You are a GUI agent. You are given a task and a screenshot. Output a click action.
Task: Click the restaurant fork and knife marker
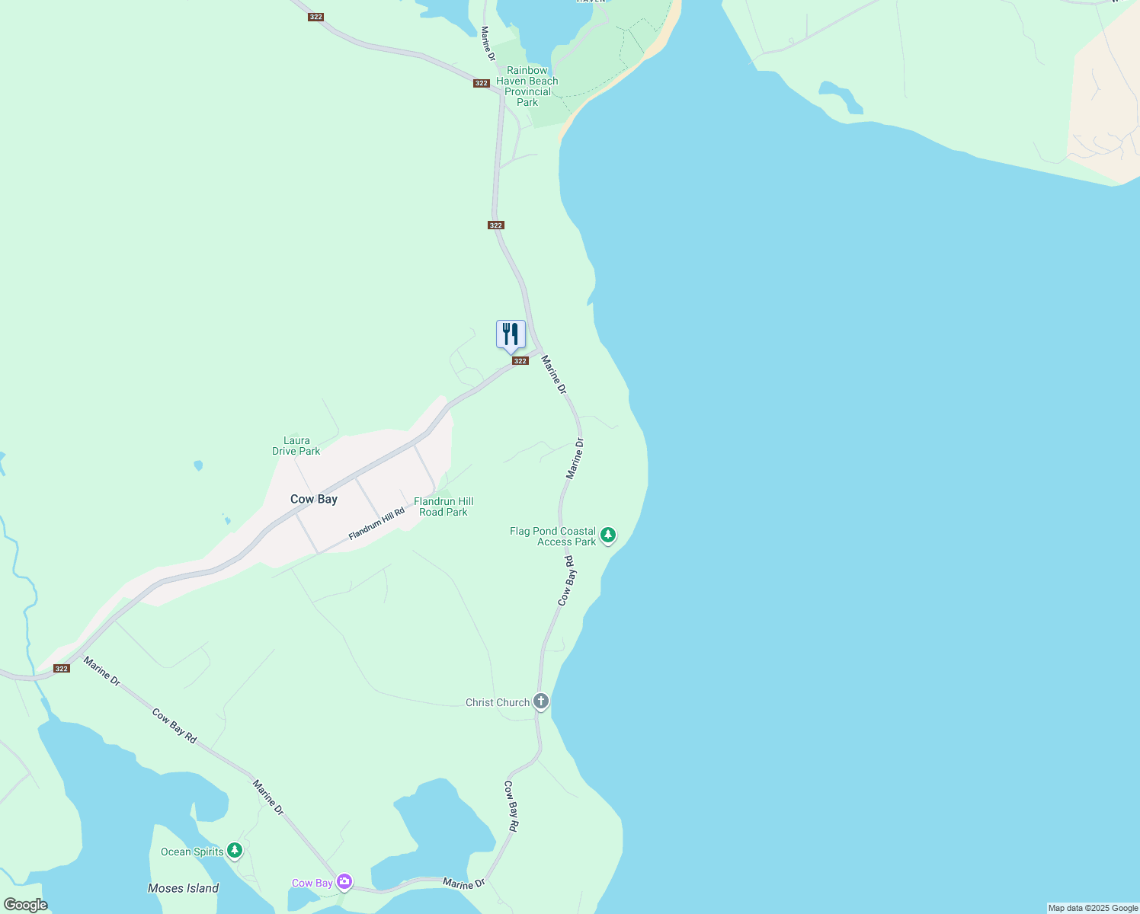[x=511, y=334]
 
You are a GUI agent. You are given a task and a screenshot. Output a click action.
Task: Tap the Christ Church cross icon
[x=540, y=701]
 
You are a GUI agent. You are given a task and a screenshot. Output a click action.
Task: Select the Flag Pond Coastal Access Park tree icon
[x=607, y=535]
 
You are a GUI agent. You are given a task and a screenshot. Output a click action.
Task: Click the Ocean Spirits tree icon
[x=235, y=851]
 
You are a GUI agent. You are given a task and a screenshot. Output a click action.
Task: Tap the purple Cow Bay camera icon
[x=344, y=882]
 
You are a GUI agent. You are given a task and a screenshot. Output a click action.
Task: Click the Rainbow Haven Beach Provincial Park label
[x=527, y=86]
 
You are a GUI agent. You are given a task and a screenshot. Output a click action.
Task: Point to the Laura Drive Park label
[x=296, y=446]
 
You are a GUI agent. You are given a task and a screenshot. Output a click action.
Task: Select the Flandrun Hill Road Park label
[x=444, y=507]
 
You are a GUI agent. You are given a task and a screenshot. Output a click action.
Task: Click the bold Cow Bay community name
[x=314, y=499]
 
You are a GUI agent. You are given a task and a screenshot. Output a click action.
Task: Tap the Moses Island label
[x=183, y=888]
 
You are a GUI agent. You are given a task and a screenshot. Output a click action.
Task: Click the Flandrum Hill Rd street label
[x=376, y=525]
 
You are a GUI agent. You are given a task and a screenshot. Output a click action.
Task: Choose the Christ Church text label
[x=498, y=702]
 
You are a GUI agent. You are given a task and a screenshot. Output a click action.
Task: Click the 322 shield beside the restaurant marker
[x=520, y=361]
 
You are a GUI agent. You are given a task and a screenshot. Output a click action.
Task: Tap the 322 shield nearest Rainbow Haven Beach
[x=481, y=83]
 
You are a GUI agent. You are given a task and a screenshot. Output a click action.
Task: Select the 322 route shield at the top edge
[x=315, y=17]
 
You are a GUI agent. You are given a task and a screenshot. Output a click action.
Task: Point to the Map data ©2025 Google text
[x=1093, y=908]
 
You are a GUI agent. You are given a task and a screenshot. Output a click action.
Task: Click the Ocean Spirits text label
[x=192, y=852]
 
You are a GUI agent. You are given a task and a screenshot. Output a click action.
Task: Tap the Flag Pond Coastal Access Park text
[x=553, y=536]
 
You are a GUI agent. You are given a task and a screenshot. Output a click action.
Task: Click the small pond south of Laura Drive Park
[x=198, y=465]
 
